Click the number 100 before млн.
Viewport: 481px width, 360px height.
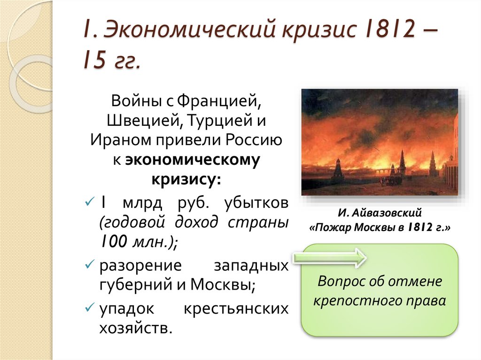click(x=113, y=242)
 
